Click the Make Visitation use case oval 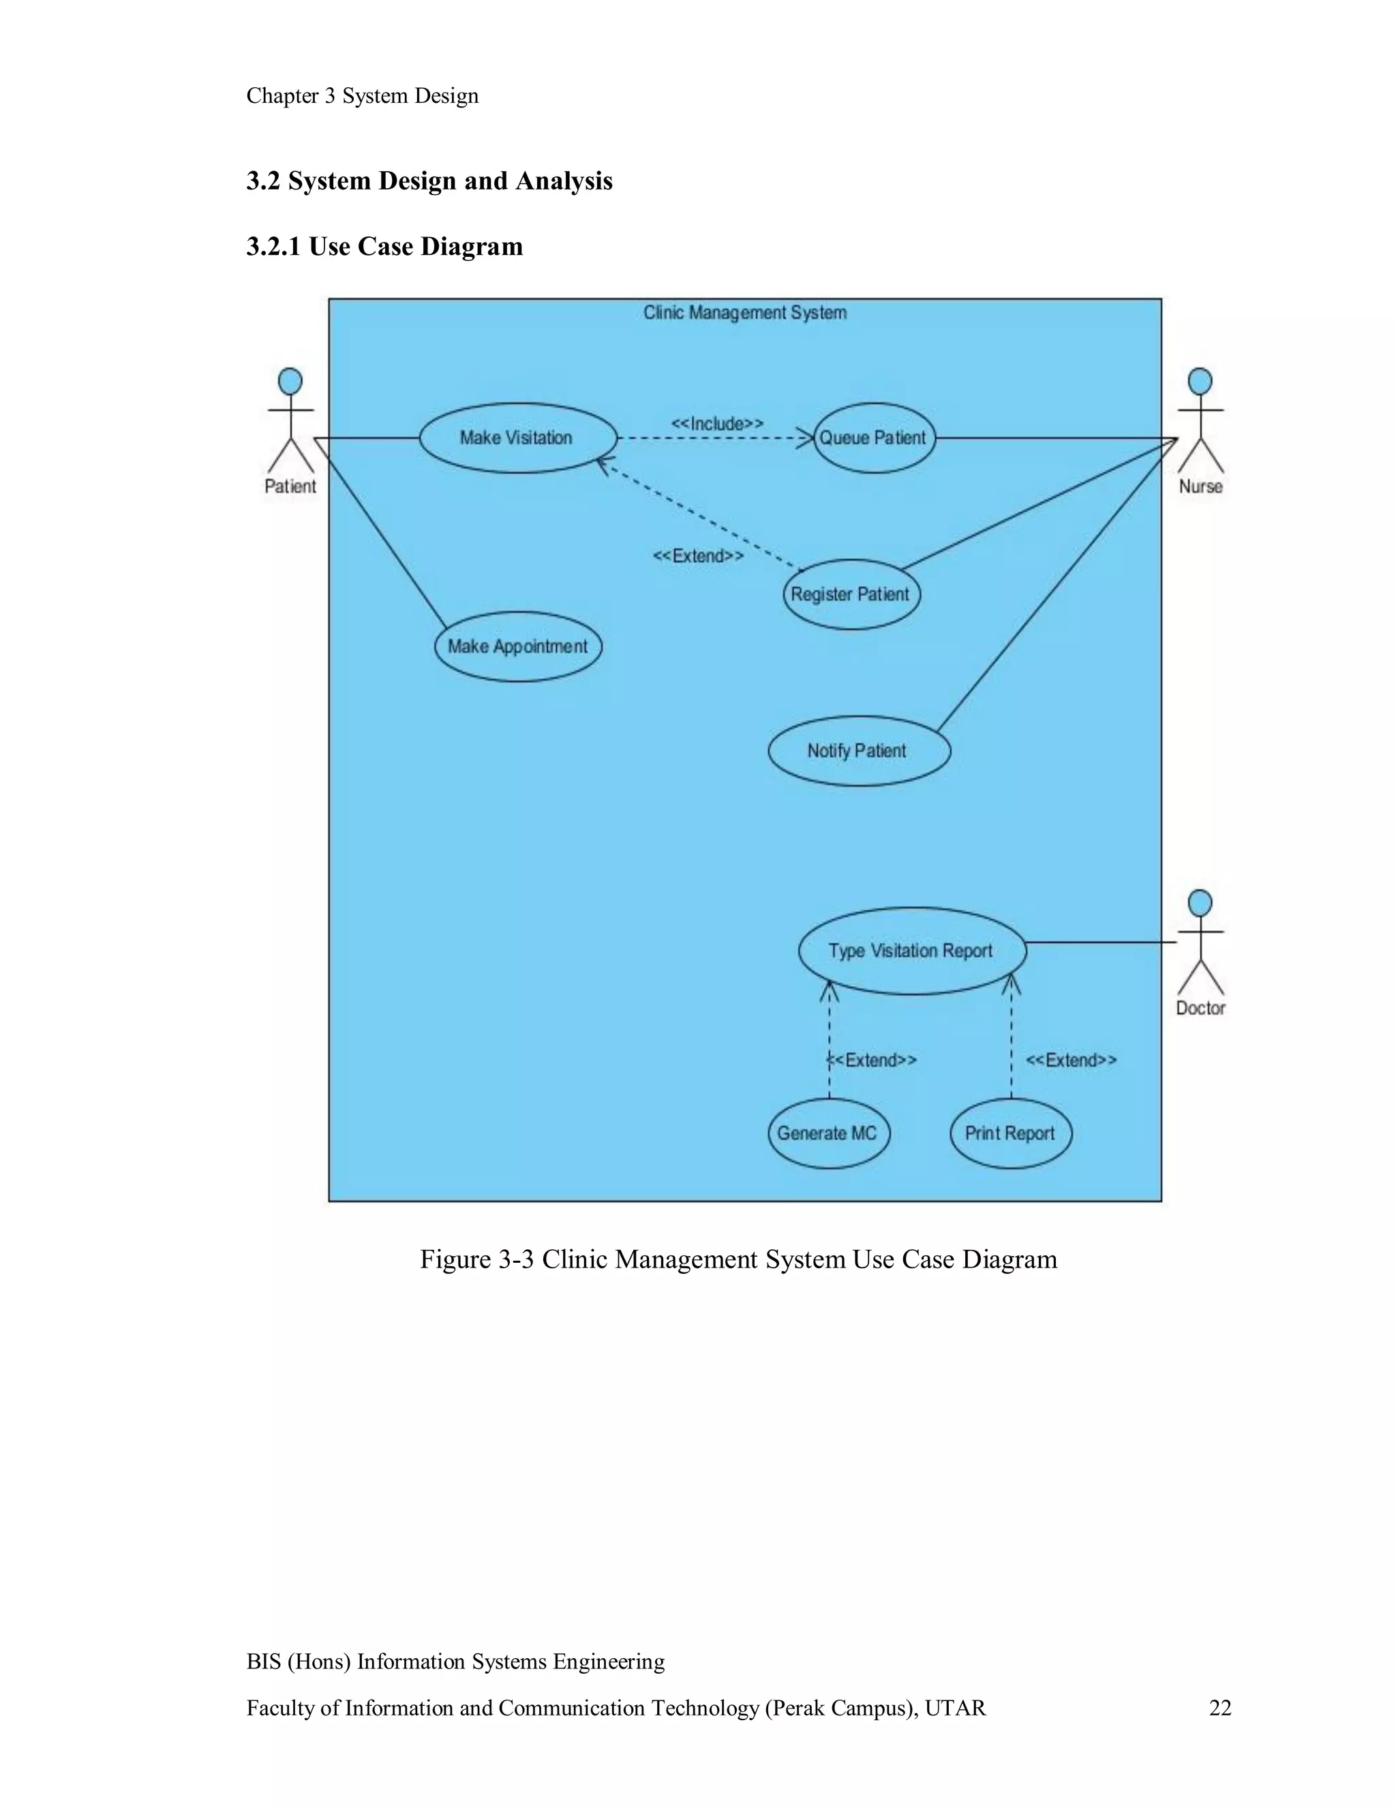(x=517, y=438)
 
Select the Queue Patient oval (x=873, y=438)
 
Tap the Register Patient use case (x=850, y=594)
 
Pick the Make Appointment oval (x=518, y=646)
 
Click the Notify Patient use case (x=858, y=750)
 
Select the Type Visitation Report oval (x=911, y=950)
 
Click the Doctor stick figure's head (x=1199, y=903)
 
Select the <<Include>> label (x=717, y=423)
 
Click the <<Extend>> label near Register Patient (x=698, y=555)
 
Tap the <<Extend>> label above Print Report (x=1071, y=1060)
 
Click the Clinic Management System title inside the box (x=744, y=313)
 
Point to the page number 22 (x=1220, y=1708)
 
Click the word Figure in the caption (x=456, y=1259)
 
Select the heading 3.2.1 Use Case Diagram (x=384, y=247)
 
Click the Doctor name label (x=1200, y=1007)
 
